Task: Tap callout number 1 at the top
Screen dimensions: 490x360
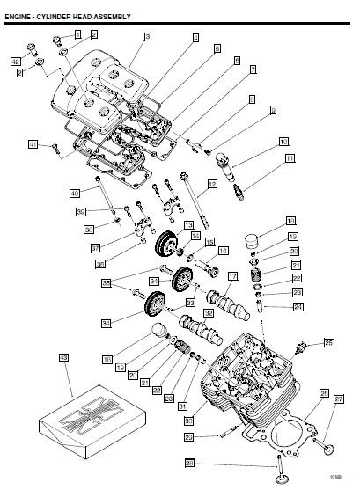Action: [77, 33]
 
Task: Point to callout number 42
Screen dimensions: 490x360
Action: [16, 61]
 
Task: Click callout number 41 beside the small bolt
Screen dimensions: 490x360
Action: [33, 144]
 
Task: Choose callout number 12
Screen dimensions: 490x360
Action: [212, 185]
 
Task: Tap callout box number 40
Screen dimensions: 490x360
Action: [75, 192]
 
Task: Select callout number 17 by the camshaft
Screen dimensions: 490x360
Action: [233, 275]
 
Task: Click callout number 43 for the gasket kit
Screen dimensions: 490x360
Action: [62, 358]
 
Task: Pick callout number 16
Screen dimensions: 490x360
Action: [224, 251]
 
